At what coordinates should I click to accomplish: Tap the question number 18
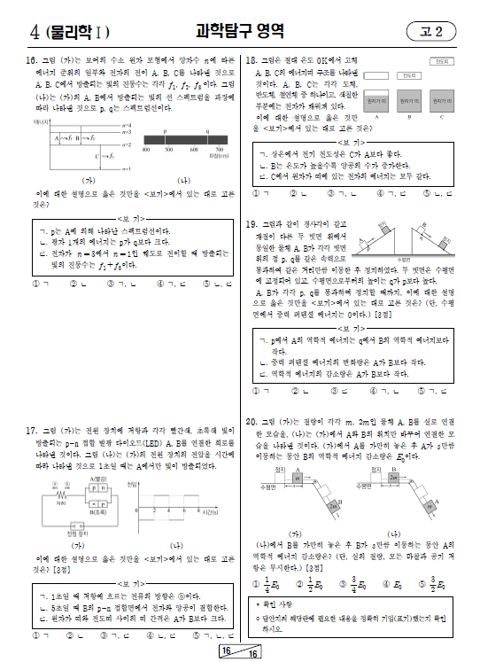click(x=252, y=60)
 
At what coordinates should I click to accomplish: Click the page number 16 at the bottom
click(x=230, y=652)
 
